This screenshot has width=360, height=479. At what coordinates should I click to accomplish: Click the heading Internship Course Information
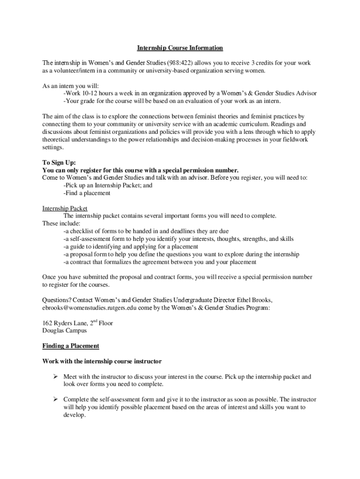click(180, 48)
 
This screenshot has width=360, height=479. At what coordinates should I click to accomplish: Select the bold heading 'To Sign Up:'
click(59, 162)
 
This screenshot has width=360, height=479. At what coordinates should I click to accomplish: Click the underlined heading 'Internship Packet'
click(65, 208)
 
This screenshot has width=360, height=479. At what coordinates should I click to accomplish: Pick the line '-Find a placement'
click(87, 193)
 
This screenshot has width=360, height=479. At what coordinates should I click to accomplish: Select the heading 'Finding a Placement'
click(71, 346)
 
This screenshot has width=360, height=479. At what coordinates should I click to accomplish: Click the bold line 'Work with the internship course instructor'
click(102, 362)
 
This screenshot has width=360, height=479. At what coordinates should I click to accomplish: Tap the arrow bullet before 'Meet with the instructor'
click(55, 377)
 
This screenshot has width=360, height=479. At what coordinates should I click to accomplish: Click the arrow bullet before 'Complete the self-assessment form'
click(55, 399)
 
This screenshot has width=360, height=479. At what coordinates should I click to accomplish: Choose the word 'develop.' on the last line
click(75, 415)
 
